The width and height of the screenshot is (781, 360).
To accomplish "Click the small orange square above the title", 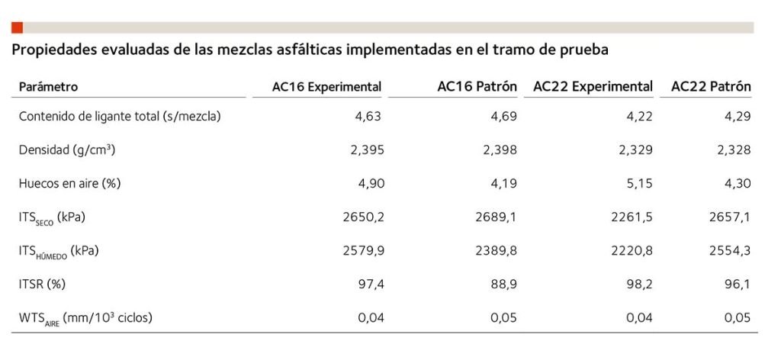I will coord(17,27).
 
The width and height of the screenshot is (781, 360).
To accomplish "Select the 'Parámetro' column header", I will coord(48,87).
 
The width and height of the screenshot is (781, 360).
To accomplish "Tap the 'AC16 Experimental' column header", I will coord(326,87).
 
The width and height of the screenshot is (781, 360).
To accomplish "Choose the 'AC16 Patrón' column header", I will coord(477,87).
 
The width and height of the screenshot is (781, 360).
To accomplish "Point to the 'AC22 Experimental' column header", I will coord(593,87).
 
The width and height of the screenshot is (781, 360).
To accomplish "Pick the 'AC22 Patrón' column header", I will coord(711,87).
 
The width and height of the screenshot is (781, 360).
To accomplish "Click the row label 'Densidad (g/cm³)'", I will coord(67,150).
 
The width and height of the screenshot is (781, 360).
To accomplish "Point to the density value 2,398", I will coord(500,150).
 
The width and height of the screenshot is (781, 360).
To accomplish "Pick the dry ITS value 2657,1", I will coord(731,217).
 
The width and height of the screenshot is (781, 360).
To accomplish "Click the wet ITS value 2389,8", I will coord(497,250).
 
